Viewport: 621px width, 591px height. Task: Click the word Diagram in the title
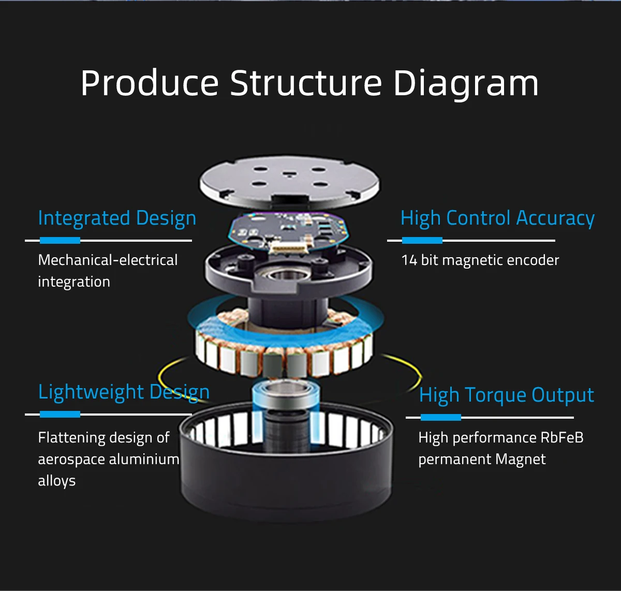click(x=466, y=83)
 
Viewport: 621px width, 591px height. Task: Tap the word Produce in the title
click(x=150, y=83)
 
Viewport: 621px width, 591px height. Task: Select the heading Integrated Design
click(x=117, y=219)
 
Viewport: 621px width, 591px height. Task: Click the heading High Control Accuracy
click(x=497, y=219)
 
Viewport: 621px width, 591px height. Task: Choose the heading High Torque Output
click(x=506, y=395)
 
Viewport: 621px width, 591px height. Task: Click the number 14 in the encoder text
click(x=409, y=261)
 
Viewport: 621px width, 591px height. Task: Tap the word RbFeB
click(x=562, y=437)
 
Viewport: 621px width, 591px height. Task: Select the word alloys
click(x=57, y=481)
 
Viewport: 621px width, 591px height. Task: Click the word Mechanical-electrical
click(x=108, y=260)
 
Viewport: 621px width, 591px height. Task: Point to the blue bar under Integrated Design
click(x=60, y=240)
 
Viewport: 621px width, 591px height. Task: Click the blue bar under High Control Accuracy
click(x=422, y=240)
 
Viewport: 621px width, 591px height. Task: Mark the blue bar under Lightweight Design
click(x=60, y=415)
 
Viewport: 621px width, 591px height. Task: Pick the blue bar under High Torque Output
click(x=440, y=417)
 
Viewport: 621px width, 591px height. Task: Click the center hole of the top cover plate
click(x=289, y=174)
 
